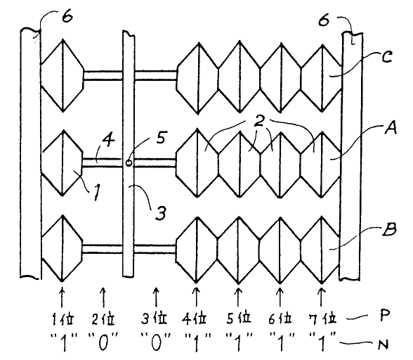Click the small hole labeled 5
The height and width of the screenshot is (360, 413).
(129, 162)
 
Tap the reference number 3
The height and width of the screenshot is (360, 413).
(160, 213)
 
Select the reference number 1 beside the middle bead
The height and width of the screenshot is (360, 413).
(97, 192)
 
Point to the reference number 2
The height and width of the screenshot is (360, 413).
(259, 122)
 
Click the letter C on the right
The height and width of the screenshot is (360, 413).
(387, 57)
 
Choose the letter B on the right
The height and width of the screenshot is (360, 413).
(389, 229)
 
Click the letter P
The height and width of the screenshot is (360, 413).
(385, 316)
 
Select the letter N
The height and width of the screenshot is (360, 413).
(383, 344)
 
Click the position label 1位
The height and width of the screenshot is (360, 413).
(63, 319)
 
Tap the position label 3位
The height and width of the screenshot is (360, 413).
(155, 319)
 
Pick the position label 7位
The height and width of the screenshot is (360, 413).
(322, 319)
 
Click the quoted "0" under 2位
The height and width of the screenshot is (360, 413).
(103, 342)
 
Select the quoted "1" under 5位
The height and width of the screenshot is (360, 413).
(239, 342)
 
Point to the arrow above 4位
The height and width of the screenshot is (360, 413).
(196, 297)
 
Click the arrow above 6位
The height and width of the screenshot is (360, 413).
(280, 297)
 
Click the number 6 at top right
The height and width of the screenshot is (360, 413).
(324, 20)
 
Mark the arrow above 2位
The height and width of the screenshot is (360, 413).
(103, 297)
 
